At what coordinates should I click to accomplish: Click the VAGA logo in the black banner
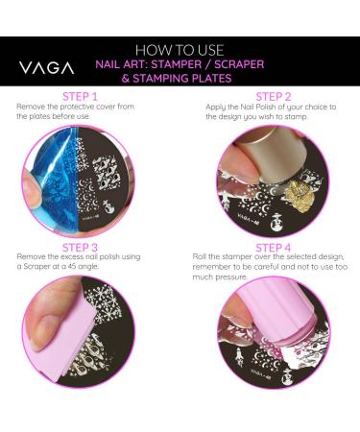click(47, 68)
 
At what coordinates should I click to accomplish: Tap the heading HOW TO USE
click(180, 51)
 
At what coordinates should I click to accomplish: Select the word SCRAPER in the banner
click(239, 64)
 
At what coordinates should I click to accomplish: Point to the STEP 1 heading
click(80, 97)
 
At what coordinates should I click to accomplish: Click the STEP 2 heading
click(274, 97)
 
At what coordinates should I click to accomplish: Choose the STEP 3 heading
click(80, 248)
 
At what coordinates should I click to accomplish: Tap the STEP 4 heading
click(274, 248)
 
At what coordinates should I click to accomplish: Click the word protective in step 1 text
click(77, 107)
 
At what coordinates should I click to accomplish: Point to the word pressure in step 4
click(231, 277)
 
